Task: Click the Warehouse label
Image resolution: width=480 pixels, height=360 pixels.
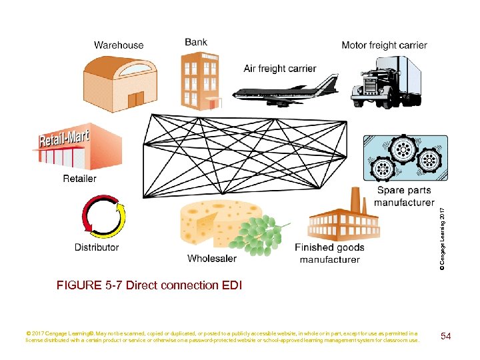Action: [x=119, y=45]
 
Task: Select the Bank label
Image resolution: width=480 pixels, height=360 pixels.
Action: [x=196, y=42]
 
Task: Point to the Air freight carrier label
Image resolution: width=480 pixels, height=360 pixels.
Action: [x=280, y=69]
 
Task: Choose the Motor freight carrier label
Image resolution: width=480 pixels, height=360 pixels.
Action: [x=384, y=45]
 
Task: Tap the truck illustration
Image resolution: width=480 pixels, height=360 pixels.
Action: [x=388, y=80]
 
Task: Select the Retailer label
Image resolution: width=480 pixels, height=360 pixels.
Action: [x=79, y=179]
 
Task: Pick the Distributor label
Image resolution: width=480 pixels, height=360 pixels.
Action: [x=97, y=247]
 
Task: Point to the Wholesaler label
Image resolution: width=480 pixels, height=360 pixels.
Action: [x=212, y=259]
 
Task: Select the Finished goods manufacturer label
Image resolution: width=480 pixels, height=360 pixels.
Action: [x=329, y=253]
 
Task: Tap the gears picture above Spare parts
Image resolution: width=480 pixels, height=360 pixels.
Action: [x=402, y=159]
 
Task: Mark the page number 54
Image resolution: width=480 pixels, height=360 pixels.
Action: [x=446, y=336]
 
